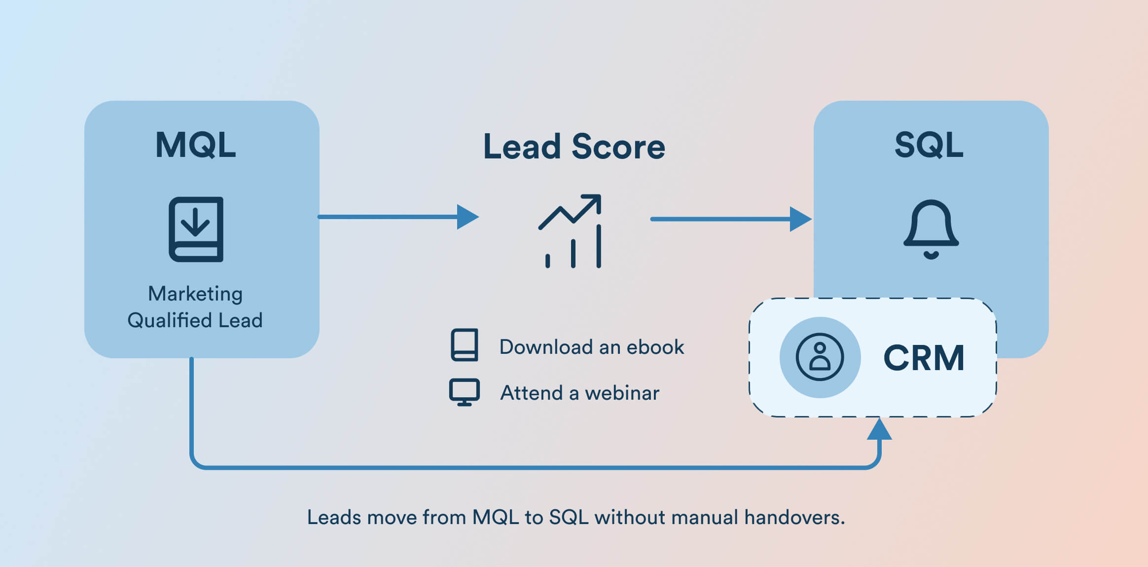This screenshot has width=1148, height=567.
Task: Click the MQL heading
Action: [196, 145]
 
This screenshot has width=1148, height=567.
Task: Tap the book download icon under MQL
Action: [196, 229]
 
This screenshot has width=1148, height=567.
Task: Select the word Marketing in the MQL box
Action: [195, 294]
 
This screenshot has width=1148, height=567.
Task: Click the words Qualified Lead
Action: [195, 321]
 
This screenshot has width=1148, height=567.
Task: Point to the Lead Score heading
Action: [574, 147]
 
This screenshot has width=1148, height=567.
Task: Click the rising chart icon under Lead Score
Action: [571, 231]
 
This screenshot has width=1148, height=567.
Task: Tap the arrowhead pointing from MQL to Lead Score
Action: [467, 217]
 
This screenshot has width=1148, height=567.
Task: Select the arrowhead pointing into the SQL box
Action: [800, 219]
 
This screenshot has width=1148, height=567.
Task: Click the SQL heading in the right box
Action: [929, 145]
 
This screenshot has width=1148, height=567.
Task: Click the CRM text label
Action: [924, 358]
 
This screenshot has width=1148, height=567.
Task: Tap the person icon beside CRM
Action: [820, 357]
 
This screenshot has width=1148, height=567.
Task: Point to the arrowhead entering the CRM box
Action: [879, 429]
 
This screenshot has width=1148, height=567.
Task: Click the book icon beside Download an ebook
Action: [465, 344]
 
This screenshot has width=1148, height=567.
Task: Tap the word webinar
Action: [622, 393]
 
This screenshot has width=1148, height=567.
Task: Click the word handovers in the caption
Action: [794, 517]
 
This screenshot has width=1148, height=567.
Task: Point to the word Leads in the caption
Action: [334, 517]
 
